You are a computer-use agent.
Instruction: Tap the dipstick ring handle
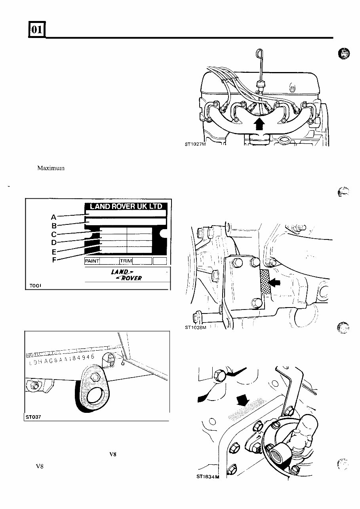(259, 52)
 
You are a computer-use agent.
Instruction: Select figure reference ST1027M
(196, 144)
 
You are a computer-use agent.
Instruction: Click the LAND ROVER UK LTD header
(126, 206)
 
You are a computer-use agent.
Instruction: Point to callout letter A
(54, 217)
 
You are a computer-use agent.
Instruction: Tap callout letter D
(54, 243)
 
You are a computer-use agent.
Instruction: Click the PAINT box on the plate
(92, 261)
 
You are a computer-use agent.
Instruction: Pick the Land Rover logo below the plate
(126, 274)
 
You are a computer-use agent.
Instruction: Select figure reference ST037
(31, 417)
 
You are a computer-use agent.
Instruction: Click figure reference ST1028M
(196, 327)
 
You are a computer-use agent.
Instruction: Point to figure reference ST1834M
(207, 477)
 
